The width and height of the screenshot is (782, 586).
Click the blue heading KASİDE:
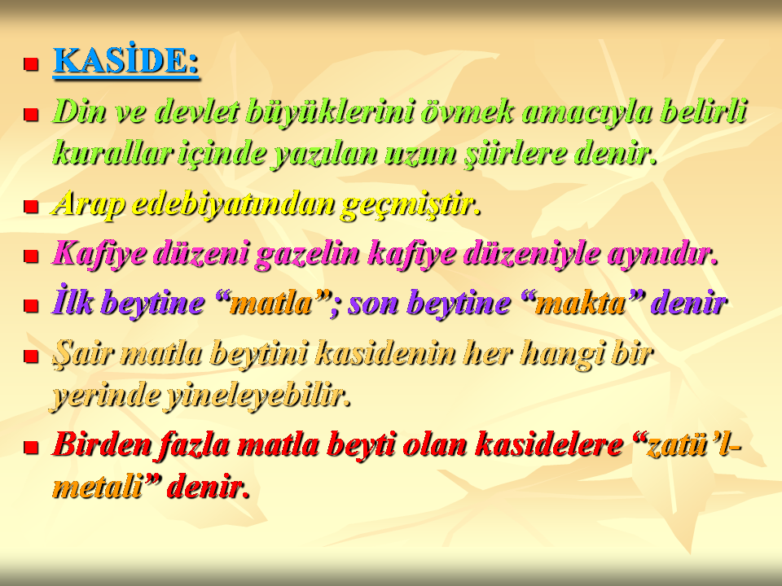[126, 61]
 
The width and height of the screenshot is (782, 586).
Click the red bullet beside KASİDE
[31, 63]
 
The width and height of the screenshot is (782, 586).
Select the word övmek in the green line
[467, 111]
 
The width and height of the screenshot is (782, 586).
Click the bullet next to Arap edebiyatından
[31, 206]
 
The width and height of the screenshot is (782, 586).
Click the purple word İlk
[72, 302]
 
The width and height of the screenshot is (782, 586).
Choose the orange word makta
[579, 303]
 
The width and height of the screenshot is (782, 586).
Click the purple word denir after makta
[689, 303]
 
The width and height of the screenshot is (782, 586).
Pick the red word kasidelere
[548, 444]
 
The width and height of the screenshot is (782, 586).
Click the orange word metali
[98, 487]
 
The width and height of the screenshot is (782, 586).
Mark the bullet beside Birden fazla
[31, 447]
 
